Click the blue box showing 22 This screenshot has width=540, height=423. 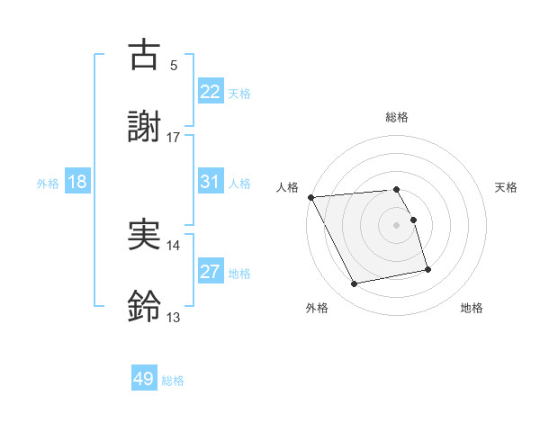pos(211,92)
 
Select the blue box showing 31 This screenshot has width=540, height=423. pos(211,182)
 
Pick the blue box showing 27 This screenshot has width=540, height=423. pos(211,272)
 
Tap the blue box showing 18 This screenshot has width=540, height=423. pos(77,182)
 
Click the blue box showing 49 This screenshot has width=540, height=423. pos(144,379)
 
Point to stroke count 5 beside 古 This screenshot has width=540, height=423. pos(174,66)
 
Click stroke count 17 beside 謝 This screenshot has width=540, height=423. pos(174,138)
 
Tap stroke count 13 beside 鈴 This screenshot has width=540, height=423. pos(174,318)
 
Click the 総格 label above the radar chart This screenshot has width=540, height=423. pos(397,117)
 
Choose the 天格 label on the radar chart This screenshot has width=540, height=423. pos(507,187)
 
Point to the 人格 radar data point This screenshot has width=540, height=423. pos(311,197)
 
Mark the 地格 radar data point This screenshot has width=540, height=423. pos(427,269)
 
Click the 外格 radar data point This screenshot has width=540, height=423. pos(355,284)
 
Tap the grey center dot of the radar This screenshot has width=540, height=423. pos(397,225)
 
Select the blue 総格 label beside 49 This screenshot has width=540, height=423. pos(174,381)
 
